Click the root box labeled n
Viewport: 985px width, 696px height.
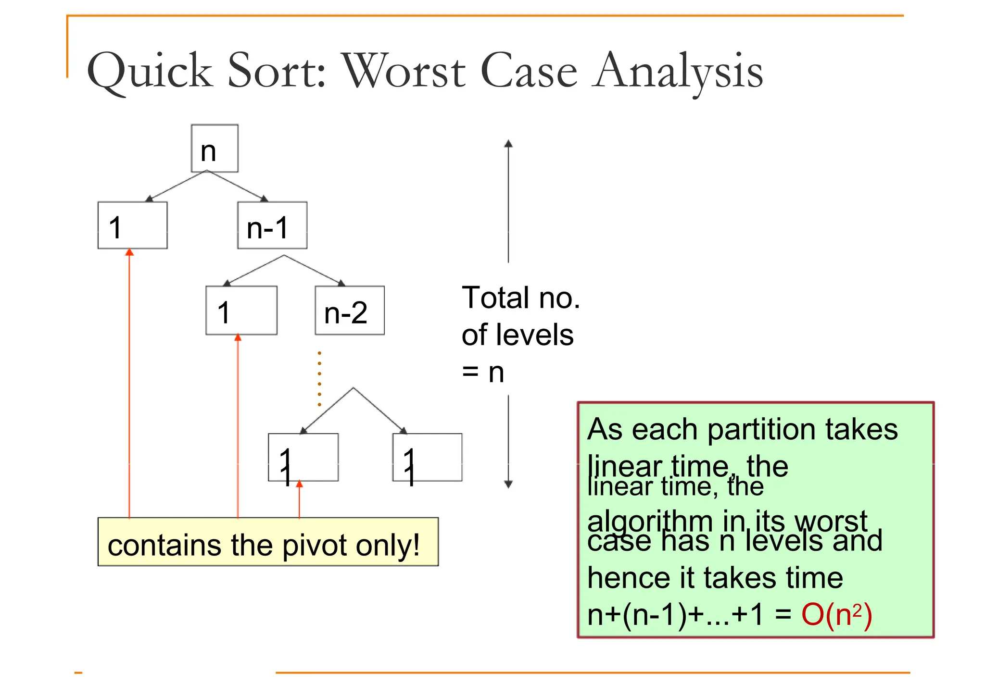[215, 149]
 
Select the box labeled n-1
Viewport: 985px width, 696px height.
[272, 225]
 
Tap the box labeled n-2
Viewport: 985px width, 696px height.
[350, 311]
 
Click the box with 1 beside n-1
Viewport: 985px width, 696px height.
[132, 225]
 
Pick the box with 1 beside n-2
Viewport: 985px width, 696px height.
[241, 311]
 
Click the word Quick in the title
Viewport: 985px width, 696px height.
[150, 71]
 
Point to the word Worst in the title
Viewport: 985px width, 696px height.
[404, 71]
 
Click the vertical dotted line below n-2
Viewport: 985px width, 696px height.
[319, 379]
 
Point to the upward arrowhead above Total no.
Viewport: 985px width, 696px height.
[508, 143]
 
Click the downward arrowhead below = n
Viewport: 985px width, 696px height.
[508, 484]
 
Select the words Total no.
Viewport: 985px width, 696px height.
[521, 298]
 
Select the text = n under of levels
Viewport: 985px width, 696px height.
[483, 372]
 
